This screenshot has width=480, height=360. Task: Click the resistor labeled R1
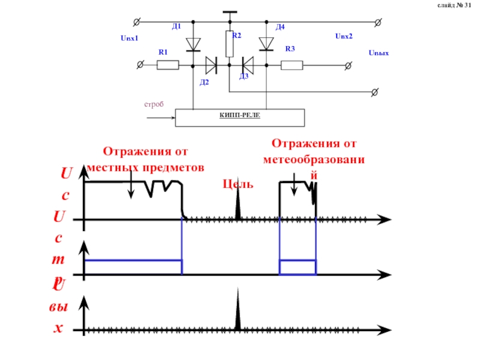[168, 65]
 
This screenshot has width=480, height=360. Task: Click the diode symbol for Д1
[193, 44]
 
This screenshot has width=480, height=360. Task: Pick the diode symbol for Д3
[247, 64]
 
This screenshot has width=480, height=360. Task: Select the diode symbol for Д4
[266, 44]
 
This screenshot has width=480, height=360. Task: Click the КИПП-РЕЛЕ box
[239, 118]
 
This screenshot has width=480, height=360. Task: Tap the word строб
[154, 104]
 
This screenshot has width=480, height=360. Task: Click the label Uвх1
[130, 38]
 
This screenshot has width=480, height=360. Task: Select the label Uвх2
[344, 37]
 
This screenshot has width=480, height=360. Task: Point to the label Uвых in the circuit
[379, 53]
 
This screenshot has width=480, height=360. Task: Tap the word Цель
[238, 184]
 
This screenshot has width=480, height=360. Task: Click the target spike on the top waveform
[238, 210]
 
